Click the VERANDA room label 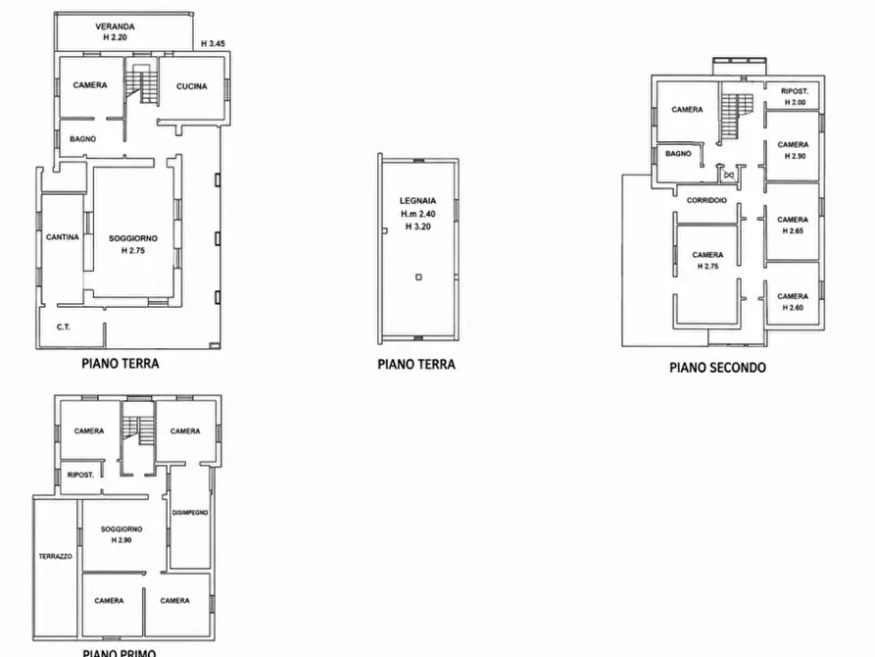pos(115,26)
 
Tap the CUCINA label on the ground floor pos(191,86)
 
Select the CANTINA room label pos(63,237)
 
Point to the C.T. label pos(64,327)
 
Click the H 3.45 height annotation pos(213,43)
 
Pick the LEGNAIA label pos(418,201)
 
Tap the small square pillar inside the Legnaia pos(418,277)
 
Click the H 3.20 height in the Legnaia pos(418,227)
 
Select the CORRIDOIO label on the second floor pos(706,200)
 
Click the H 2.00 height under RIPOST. pos(796,102)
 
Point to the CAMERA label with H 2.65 pos(793,220)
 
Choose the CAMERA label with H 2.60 pos(793,296)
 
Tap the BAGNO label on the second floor pos(678,154)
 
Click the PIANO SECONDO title pos(717,367)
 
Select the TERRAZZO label pos(55,556)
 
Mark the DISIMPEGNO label pos(190,512)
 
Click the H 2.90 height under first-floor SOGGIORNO pos(122,540)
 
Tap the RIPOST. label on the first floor pos(80,475)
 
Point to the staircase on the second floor pos(736,117)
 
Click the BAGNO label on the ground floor pos(82,139)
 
